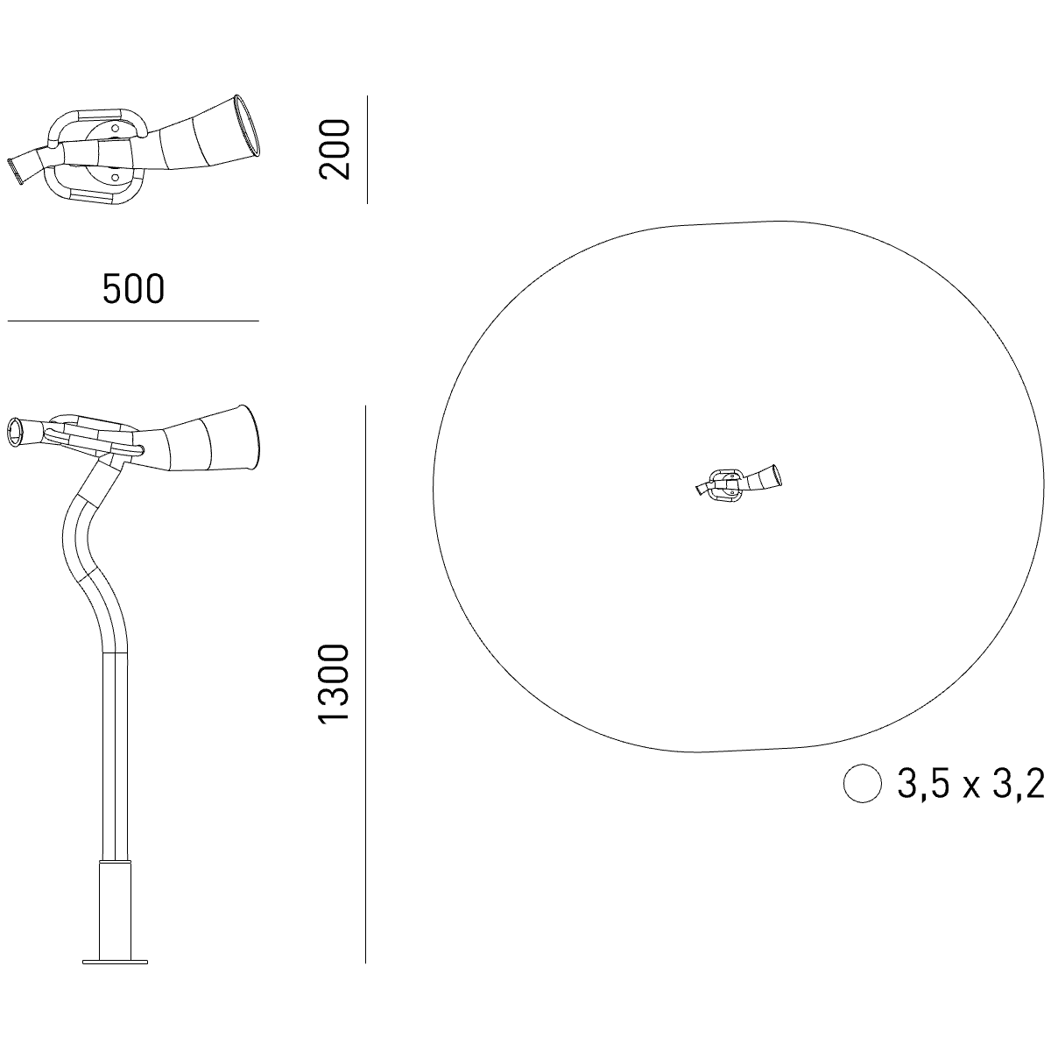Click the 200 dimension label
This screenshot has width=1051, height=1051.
(x=334, y=149)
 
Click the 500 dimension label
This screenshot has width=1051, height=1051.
(x=134, y=289)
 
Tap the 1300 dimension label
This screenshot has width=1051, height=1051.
(x=333, y=685)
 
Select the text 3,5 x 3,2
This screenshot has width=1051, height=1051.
(x=970, y=784)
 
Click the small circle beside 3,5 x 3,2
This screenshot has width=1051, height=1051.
(x=863, y=783)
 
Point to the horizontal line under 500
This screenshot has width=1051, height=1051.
(x=133, y=321)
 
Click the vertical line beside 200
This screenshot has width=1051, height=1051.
(x=367, y=150)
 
